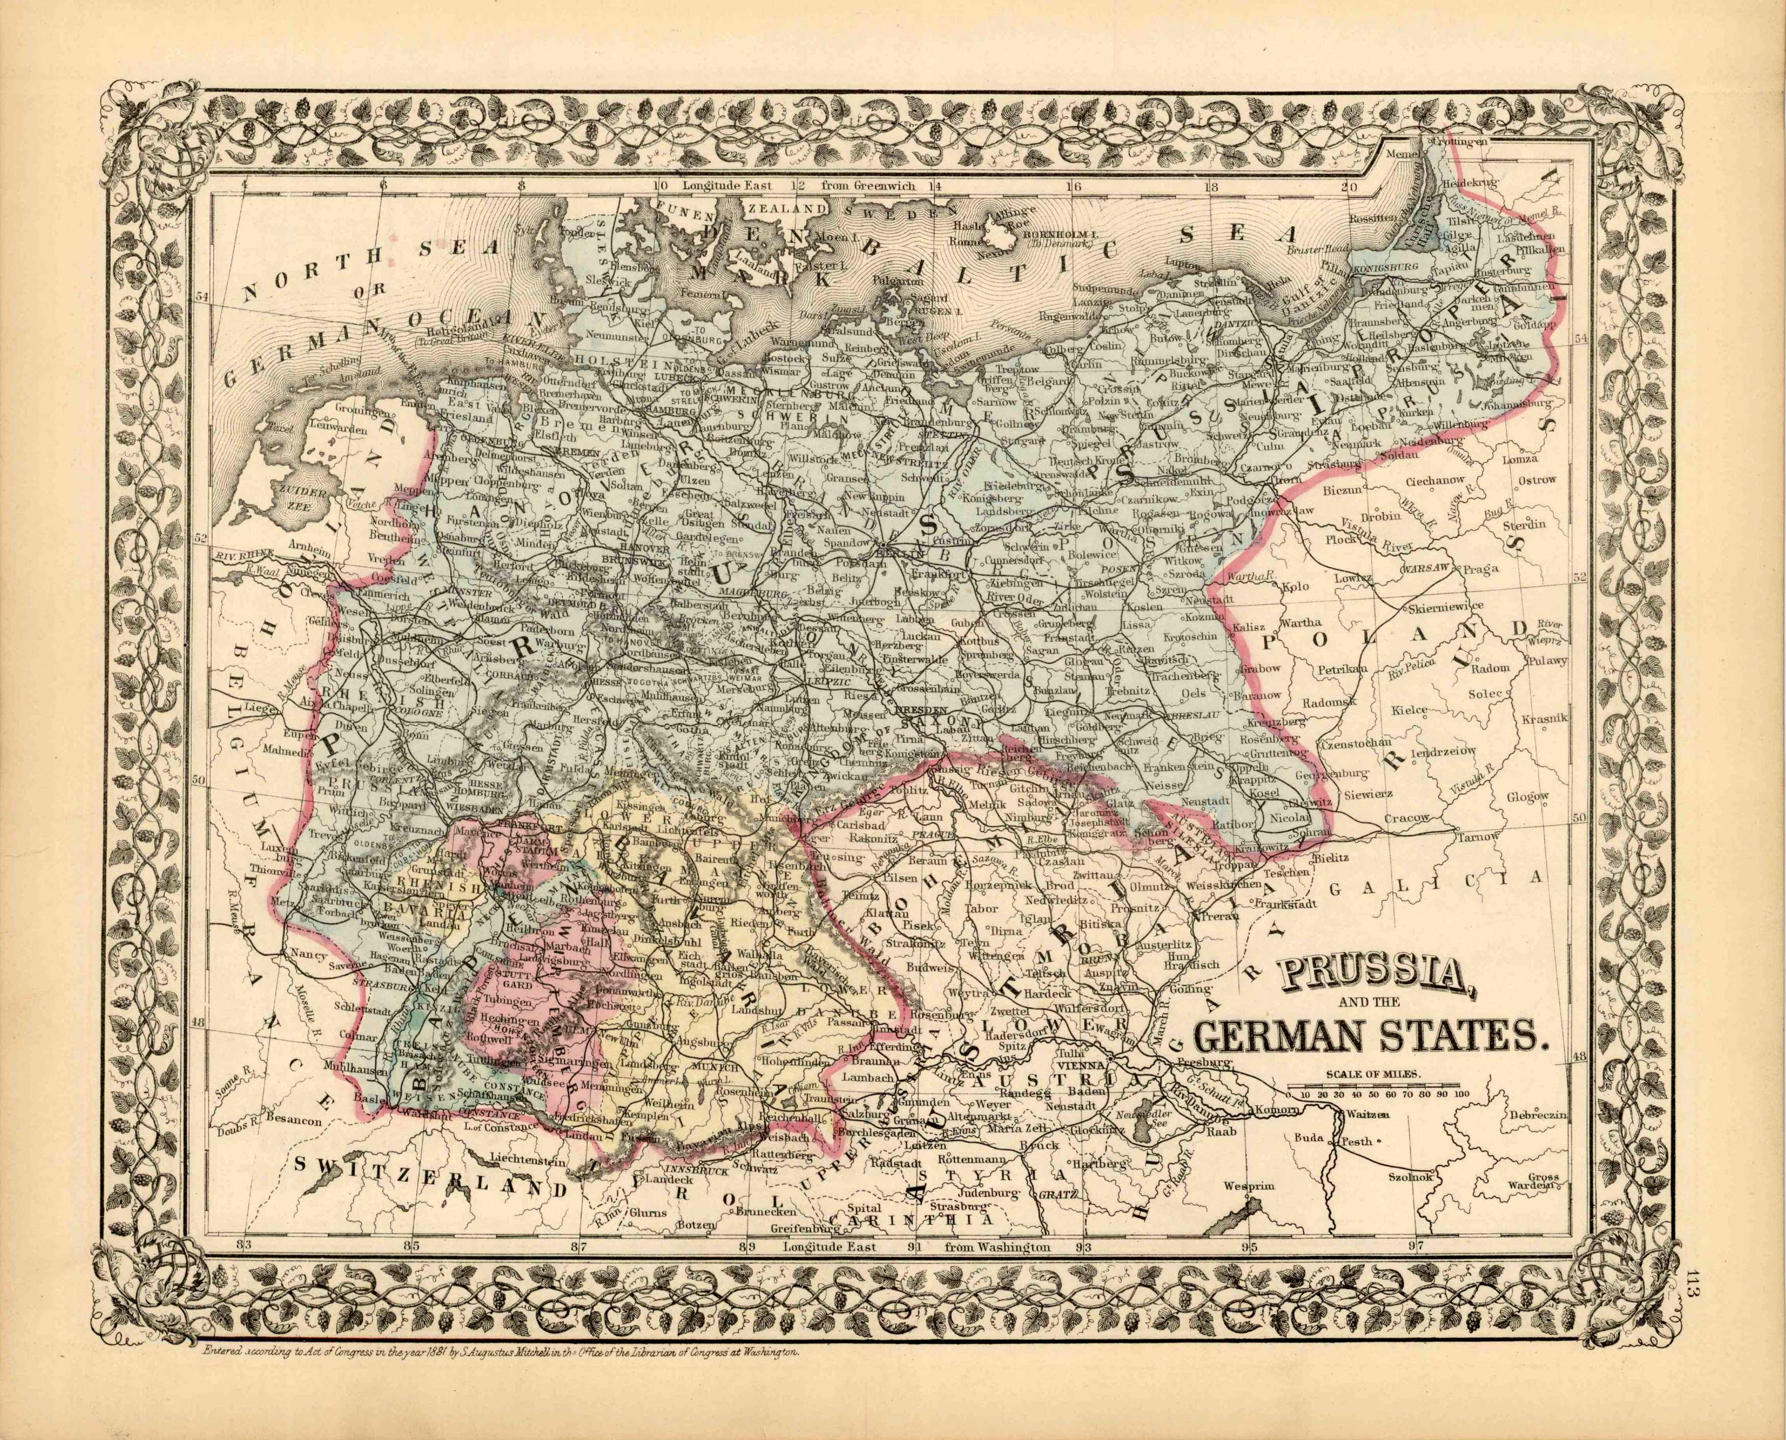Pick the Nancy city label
tap(307, 955)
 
